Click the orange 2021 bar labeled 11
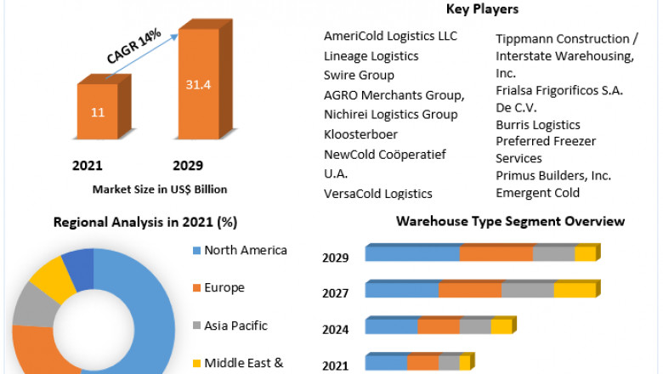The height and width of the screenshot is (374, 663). click(x=98, y=110)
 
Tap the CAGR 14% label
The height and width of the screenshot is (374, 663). click(x=133, y=48)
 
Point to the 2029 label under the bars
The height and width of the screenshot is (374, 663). click(x=188, y=165)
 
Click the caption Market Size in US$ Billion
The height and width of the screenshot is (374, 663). click(x=160, y=189)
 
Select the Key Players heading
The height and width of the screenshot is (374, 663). click(x=482, y=9)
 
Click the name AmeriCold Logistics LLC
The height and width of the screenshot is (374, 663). click(x=390, y=36)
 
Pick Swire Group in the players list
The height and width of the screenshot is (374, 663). click(x=359, y=75)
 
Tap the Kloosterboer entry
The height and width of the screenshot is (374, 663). click(x=360, y=134)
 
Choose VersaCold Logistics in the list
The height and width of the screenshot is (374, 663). click(x=377, y=194)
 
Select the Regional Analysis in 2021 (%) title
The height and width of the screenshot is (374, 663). click(x=145, y=222)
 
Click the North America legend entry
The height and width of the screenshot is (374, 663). click(x=246, y=250)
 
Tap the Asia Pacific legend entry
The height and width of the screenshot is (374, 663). click(x=235, y=326)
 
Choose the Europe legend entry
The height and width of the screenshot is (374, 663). click(x=224, y=287)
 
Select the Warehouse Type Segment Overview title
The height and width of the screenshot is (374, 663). click(x=510, y=221)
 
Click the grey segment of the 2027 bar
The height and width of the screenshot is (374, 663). click(x=527, y=290)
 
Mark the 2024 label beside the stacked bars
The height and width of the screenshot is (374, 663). click(x=335, y=329)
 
